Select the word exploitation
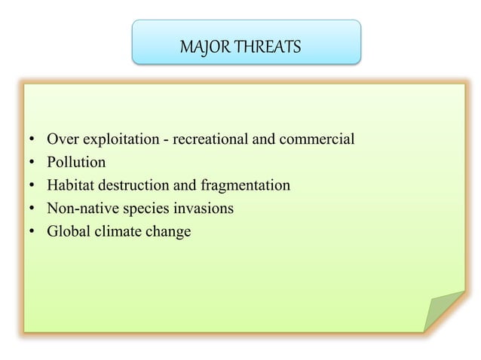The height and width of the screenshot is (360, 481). [x=117, y=140]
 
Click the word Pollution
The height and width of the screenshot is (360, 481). [x=76, y=162]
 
